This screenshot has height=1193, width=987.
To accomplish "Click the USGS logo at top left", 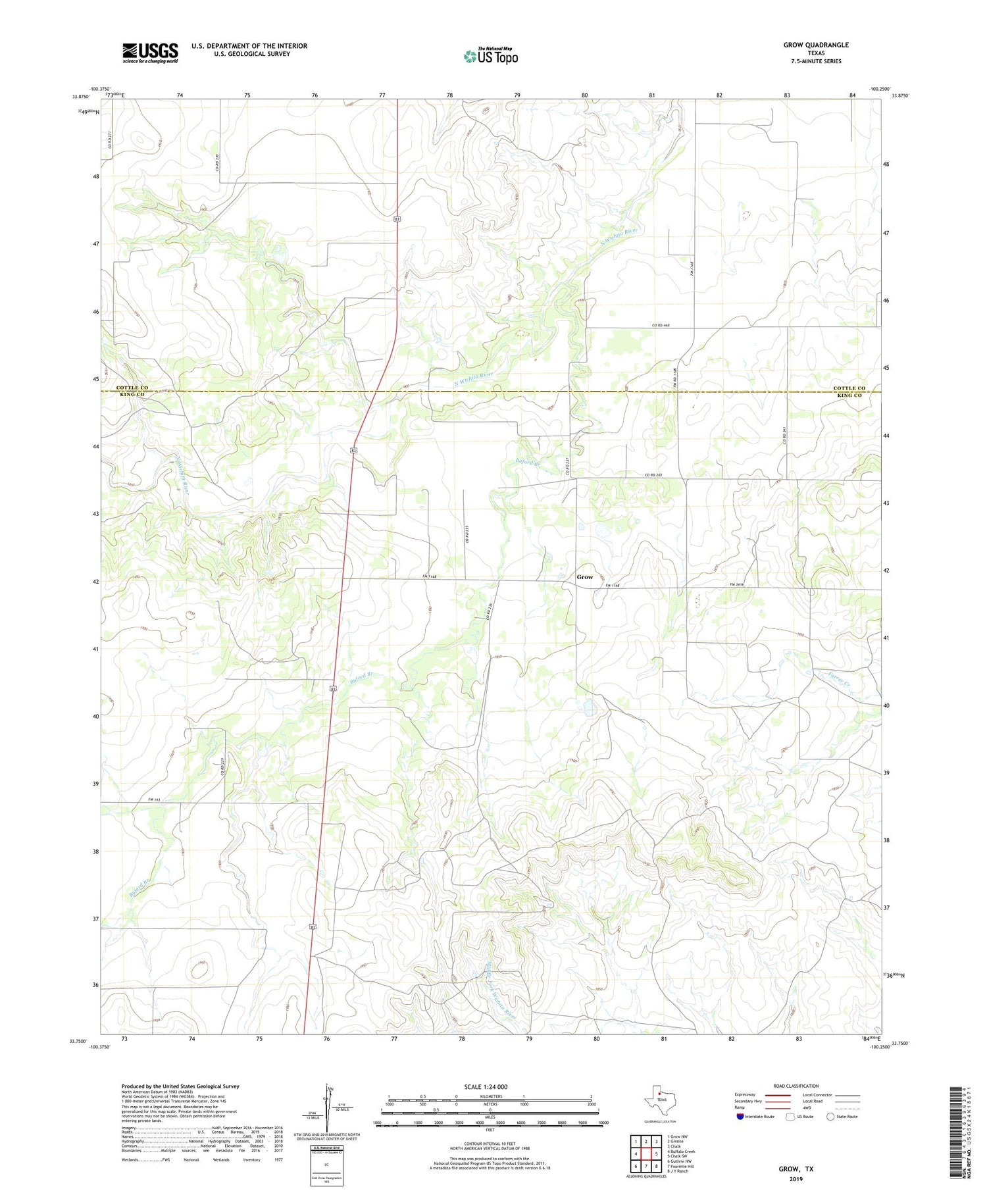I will tap(150, 53).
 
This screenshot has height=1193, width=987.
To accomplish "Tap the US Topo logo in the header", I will tap(491, 57).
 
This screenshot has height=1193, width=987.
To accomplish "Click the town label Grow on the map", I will tap(584, 577).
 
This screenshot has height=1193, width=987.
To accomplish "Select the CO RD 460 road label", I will tap(665, 325).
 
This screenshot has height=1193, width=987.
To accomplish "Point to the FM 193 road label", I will tap(154, 800).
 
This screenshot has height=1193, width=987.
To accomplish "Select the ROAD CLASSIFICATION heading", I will tap(796, 1086).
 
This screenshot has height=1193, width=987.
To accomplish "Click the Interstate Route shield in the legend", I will tap(741, 1116).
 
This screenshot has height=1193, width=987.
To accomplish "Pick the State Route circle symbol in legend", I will tap(830, 1116).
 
